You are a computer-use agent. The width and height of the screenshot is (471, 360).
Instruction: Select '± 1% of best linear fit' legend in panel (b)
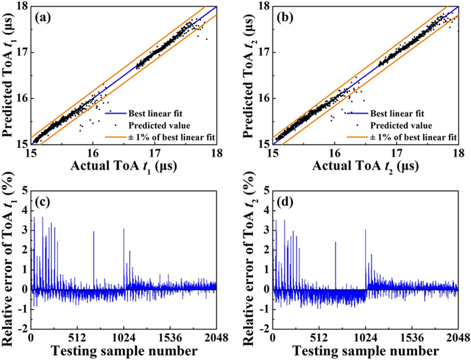[413, 136]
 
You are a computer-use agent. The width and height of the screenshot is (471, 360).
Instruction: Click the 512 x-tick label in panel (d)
[319, 337]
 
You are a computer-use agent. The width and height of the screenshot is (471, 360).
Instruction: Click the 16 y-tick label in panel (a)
[22, 98]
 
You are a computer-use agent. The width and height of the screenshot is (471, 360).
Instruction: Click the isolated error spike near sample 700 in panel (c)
[94, 232]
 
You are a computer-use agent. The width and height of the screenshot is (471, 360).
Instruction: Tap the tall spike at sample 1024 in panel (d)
[365, 230]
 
